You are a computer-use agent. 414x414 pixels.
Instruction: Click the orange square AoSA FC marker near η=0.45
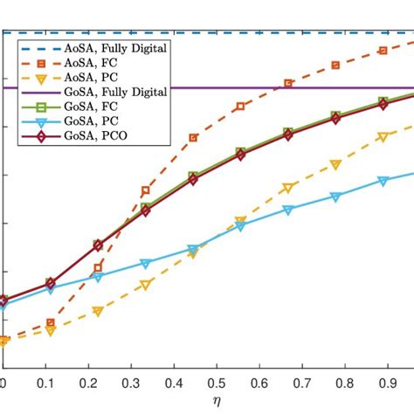coord(194,138)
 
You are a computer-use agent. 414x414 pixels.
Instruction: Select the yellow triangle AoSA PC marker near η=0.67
coord(288,188)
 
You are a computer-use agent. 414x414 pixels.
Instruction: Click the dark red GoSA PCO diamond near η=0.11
coord(51,283)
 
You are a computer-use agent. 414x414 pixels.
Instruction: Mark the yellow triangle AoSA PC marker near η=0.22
coord(98,311)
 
